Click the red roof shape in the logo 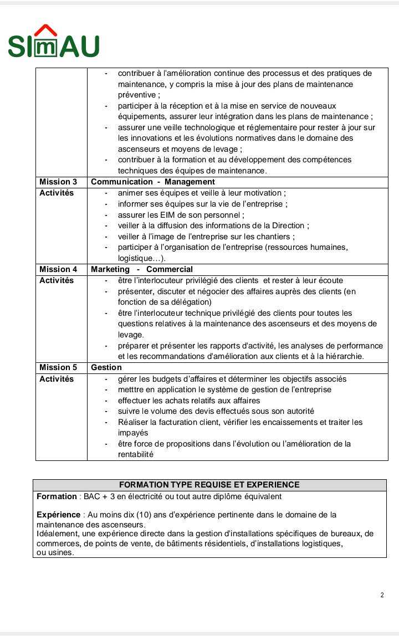pos(46,29)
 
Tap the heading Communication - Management pos(153,182)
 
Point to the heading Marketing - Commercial pos(142,269)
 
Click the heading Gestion pos(106,367)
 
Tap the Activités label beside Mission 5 pos(57,379)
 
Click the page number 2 pos(382,595)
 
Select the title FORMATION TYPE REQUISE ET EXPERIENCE pos(209,485)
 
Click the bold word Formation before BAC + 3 pos(57,496)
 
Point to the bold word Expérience pos(58,515)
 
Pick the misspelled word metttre pos(132,389)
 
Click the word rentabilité pos(135,454)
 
